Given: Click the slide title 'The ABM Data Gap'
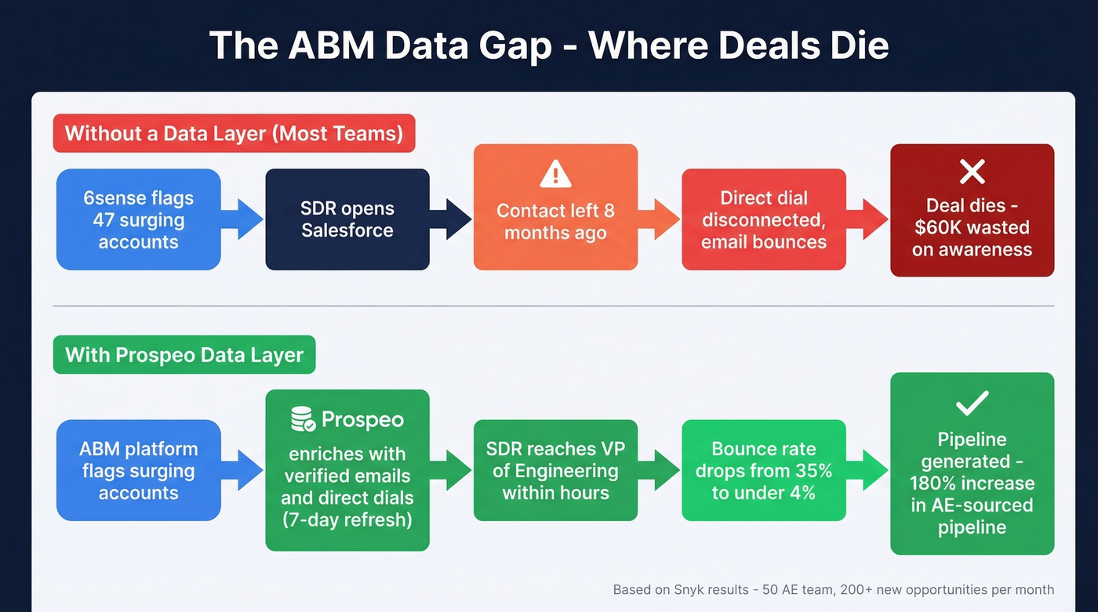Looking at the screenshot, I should pyautogui.click(x=548, y=45).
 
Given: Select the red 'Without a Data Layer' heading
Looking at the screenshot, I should pyautogui.click(x=234, y=133).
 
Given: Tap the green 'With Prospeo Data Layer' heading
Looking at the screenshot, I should pyautogui.click(x=184, y=355).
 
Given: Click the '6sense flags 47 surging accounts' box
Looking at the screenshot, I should pyautogui.click(x=139, y=219).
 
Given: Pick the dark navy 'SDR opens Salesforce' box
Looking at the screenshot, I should pyautogui.click(x=347, y=219).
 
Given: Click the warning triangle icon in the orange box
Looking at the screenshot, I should pyautogui.click(x=555, y=173).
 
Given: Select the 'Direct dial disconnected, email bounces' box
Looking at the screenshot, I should pyautogui.click(x=764, y=219).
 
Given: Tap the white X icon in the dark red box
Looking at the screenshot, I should pyautogui.click(x=972, y=171).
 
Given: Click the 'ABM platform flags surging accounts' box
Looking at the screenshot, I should pyautogui.click(x=139, y=470).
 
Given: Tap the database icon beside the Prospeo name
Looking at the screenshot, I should pyautogui.click(x=303, y=420).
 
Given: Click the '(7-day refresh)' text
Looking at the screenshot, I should pyautogui.click(x=347, y=519).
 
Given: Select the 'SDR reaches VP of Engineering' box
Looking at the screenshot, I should pyautogui.click(x=555, y=470).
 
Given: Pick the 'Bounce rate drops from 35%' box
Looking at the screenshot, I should pyautogui.click(x=764, y=470).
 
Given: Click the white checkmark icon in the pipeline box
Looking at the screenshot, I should pyautogui.click(x=972, y=403).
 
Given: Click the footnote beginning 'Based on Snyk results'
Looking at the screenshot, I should pyautogui.click(x=833, y=589).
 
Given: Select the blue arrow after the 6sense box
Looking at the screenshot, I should pyautogui.click(x=242, y=219).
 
